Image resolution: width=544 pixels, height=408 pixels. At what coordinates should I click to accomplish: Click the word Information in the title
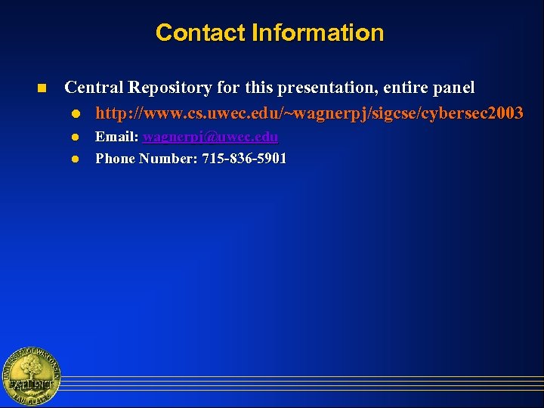[317, 33]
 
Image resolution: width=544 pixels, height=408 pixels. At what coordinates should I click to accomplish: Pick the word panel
[455, 88]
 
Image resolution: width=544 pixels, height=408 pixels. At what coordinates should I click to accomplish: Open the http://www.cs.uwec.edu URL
[308, 113]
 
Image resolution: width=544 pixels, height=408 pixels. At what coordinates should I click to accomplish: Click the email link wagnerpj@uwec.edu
[210, 138]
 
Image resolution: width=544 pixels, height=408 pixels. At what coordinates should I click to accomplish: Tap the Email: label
[116, 138]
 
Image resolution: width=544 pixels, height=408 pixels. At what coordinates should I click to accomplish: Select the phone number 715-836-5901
[244, 159]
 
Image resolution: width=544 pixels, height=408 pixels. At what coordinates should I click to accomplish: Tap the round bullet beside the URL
[76, 114]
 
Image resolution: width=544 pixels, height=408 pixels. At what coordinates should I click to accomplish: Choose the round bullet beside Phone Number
[76, 159]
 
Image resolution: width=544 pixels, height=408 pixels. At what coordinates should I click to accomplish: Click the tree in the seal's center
[30, 372]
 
